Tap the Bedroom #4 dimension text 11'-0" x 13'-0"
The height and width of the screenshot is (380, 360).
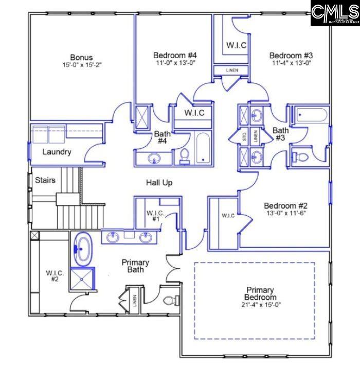(x=175, y=63)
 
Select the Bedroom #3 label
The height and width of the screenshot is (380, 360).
(x=291, y=55)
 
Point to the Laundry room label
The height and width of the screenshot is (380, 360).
(x=57, y=152)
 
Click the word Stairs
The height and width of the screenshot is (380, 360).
(x=45, y=180)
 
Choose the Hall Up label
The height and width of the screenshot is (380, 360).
(x=159, y=182)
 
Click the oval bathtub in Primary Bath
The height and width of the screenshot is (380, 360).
(x=83, y=249)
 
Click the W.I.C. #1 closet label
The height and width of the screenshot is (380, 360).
(x=155, y=215)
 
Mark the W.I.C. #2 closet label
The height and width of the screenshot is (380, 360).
(x=55, y=276)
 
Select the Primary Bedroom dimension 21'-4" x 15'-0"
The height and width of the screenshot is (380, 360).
(x=260, y=304)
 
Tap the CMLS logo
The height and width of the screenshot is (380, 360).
(x=335, y=13)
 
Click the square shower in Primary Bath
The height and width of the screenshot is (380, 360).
(x=83, y=280)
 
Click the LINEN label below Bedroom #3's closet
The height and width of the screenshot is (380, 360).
(x=232, y=70)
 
